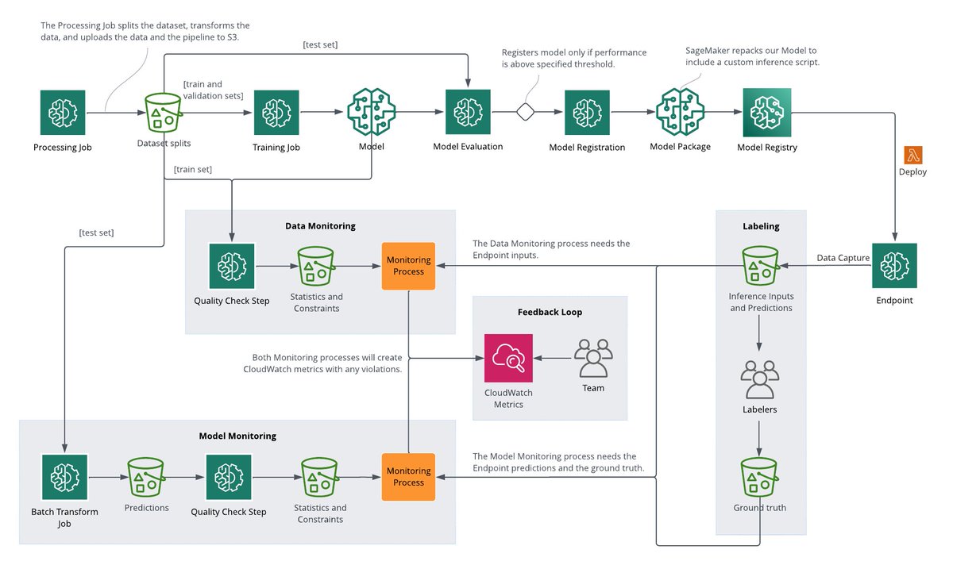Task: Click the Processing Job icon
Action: (63, 112)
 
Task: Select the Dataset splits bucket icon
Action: (164, 112)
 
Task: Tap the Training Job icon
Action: (276, 112)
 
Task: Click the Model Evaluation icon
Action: (468, 112)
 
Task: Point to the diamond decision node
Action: (525, 112)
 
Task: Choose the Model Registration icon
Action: (587, 112)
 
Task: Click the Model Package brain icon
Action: (680, 112)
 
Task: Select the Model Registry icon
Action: (766, 112)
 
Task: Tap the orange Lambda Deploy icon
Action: (912, 155)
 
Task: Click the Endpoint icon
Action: (894, 265)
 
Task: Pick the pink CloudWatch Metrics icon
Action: (508, 358)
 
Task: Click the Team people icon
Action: (593, 359)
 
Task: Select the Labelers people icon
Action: (759, 379)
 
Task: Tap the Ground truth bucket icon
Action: (759, 478)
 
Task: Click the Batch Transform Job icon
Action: (64, 477)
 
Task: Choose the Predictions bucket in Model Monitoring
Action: (146, 477)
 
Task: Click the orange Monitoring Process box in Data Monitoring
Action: (408, 265)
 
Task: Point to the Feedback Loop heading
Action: (550, 312)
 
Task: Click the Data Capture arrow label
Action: (843, 258)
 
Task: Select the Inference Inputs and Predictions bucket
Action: (760, 265)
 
